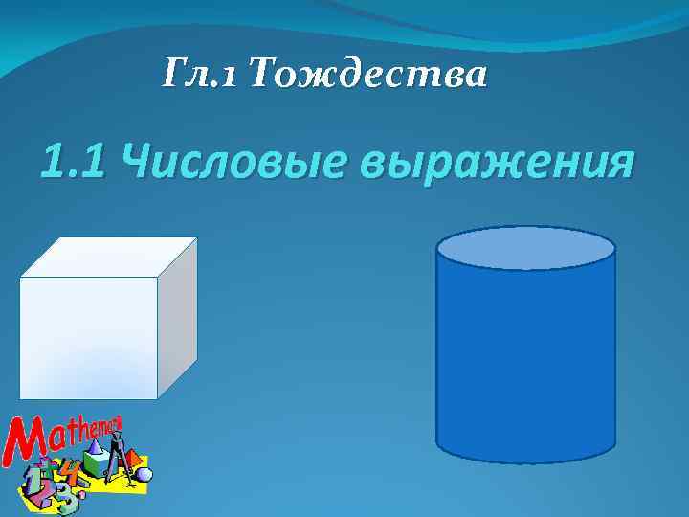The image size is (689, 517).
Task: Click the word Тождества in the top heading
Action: pyautogui.click(x=368, y=72)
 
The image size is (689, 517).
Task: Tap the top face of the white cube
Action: pyautogui.click(x=108, y=257)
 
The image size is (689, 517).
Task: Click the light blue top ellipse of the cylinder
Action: pyautogui.click(x=525, y=247)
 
